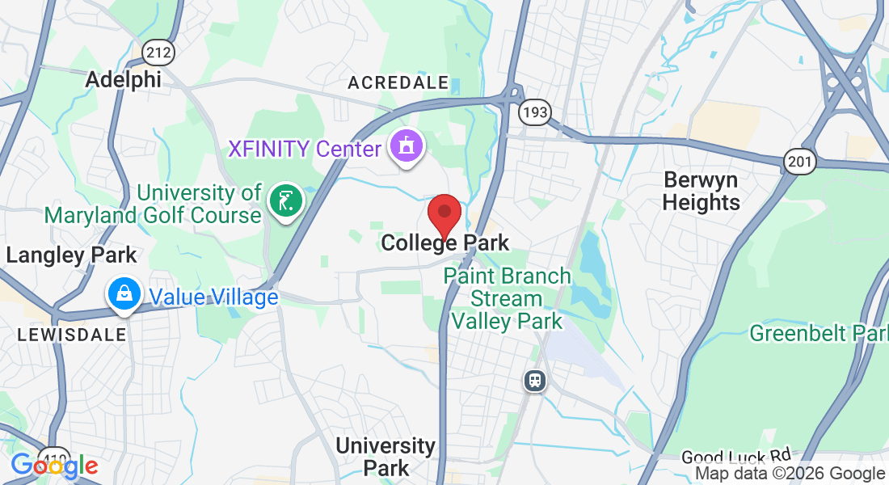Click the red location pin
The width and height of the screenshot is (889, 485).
(x=444, y=213)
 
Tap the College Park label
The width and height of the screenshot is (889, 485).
(x=445, y=242)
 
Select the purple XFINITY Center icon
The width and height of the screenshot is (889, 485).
(x=406, y=147)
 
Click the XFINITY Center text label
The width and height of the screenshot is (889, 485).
(x=304, y=150)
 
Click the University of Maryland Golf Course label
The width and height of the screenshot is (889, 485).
(x=153, y=204)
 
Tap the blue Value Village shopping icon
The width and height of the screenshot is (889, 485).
(x=124, y=296)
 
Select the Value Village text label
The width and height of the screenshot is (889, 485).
(x=213, y=297)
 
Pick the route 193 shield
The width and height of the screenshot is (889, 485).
(x=535, y=112)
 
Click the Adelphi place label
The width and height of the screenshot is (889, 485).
(x=123, y=79)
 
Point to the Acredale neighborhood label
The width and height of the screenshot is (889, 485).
(x=398, y=82)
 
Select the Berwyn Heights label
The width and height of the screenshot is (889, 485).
(x=701, y=191)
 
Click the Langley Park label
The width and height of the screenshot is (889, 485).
(x=72, y=255)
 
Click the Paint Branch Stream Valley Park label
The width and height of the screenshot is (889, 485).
(x=507, y=298)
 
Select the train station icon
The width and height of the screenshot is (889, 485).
(x=534, y=380)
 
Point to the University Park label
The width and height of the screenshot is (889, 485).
(x=386, y=456)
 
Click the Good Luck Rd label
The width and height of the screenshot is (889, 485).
(x=735, y=458)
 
